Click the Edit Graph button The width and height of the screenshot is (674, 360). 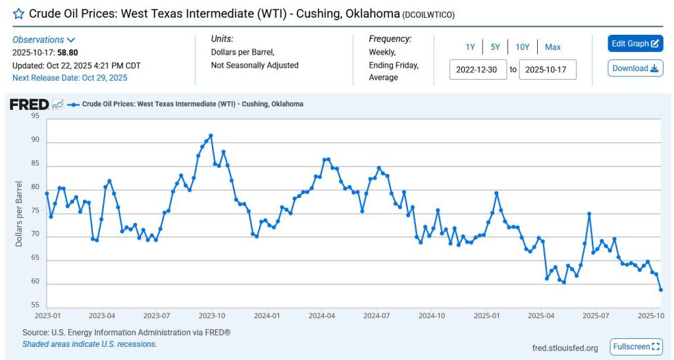[635, 43]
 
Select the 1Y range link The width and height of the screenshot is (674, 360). [470, 47]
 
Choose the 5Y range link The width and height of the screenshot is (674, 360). [495, 47]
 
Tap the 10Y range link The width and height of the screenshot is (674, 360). [522, 47]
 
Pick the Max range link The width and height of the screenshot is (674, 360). [553, 47]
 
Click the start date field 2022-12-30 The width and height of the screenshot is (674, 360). [478, 69]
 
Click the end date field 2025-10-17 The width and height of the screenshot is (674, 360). [548, 69]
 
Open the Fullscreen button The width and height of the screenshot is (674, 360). [635, 347]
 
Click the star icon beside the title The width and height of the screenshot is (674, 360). [18, 14]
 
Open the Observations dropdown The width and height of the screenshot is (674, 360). [44, 40]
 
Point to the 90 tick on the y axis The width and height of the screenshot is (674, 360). [35, 140]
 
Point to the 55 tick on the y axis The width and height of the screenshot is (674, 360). [35, 305]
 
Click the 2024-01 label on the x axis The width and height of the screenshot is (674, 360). [267, 316]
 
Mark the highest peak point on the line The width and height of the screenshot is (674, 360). [211, 136]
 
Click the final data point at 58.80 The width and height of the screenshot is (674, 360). [661, 290]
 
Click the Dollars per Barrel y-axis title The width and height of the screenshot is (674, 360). [19, 213]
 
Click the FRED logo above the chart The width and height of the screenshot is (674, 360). [29, 105]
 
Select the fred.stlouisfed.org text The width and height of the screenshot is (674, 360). [565, 348]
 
